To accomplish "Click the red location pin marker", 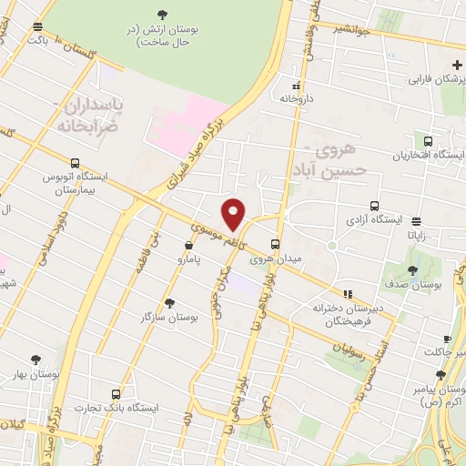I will [x=234, y=214].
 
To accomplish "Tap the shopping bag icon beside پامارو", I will [x=188, y=245].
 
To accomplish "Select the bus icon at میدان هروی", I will [x=275, y=243].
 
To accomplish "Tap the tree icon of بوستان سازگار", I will [x=170, y=303].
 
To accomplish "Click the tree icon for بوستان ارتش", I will [x=162, y=14].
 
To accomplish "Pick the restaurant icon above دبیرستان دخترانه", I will [x=348, y=293].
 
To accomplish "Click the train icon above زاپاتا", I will [x=416, y=221].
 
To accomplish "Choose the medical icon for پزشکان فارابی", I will [x=457, y=66].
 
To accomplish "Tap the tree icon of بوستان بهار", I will [x=35, y=360].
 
